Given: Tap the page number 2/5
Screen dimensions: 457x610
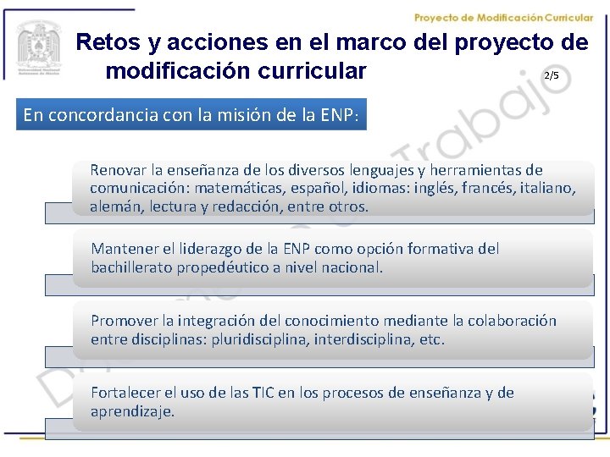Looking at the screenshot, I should (551, 75).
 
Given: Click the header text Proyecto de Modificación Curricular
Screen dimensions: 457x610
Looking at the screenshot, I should (515, 18).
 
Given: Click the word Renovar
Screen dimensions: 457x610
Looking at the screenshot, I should (119, 170).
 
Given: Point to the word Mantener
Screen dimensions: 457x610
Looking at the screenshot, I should (124, 249).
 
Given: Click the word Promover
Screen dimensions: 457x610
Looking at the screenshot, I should (124, 322).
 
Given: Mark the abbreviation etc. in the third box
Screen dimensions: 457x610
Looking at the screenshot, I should (429, 339).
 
